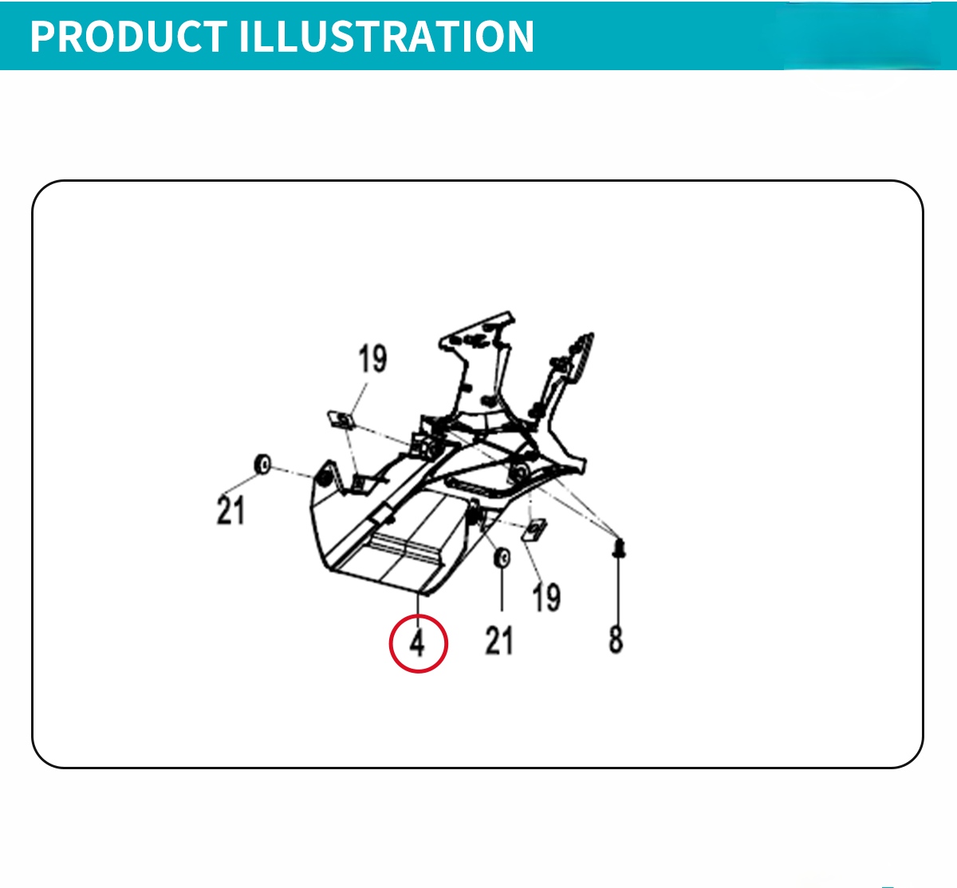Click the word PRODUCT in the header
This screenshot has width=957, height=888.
pyautogui.click(x=128, y=36)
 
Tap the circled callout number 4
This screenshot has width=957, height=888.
pyautogui.click(x=417, y=643)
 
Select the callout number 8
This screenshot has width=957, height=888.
pyautogui.click(x=616, y=639)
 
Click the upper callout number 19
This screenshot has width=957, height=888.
pyautogui.click(x=372, y=359)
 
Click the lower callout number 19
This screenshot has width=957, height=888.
pyautogui.click(x=546, y=598)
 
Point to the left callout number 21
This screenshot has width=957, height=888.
pyautogui.click(x=230, y=510)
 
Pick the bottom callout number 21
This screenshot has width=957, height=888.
pyautogui.click(x=499, y=640)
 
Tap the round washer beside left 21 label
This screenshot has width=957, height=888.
pyautogui.click(x=262, y=464)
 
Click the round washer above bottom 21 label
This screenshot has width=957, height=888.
pyautogui.click(x=502, y=558)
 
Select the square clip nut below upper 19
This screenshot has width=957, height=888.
pyautogui.click(x=341, y=421)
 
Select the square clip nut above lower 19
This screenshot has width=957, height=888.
pyautogui.click(x=534, y=530)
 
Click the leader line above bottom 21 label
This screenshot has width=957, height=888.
pyautogui.click(x=502, y=590)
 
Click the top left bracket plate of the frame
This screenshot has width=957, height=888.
pyautogui.click(x=477, y=332)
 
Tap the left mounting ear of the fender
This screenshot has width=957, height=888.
pyautogui.click(x=328, y=477)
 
